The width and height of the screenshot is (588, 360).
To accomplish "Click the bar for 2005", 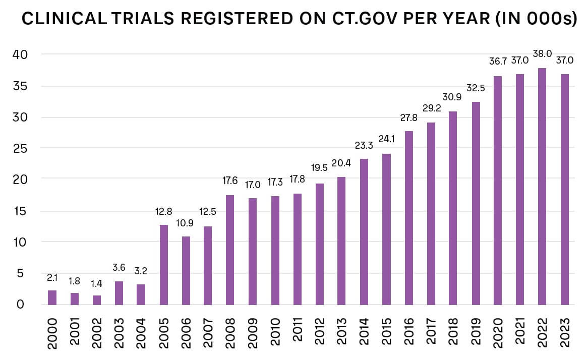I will (x=164, y=265).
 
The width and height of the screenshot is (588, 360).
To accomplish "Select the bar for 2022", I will (x=542, y=187).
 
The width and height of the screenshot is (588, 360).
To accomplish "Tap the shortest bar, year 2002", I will (x=97, y=300).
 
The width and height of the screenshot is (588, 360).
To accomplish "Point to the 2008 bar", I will (x=230, y=250).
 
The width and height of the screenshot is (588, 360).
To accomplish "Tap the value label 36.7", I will (x=498, y=62).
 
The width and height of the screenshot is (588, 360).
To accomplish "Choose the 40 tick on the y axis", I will (x=21, y=54).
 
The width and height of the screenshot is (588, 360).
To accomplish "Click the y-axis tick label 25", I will (x=21, y=148).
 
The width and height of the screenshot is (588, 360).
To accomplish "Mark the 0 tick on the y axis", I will (x=21, y=305).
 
